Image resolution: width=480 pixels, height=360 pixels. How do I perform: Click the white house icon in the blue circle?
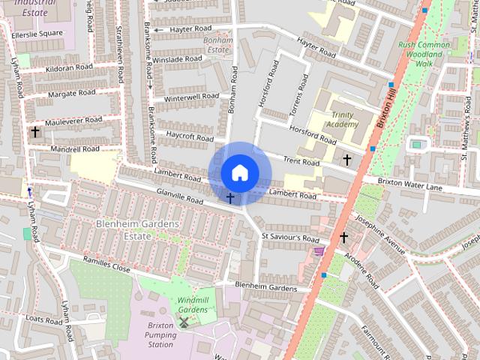coord(239,172)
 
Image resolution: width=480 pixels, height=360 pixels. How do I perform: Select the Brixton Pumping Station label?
coord(160,334)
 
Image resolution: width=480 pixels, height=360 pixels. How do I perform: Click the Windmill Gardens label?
coord(192,304)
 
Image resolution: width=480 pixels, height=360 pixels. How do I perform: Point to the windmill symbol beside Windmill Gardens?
coord(184,322)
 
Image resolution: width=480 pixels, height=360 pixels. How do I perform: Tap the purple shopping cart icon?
coord(319,250)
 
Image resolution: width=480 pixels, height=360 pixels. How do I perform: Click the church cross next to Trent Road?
coord(346,160)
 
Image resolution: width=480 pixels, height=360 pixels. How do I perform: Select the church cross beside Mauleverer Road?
coord(34,132)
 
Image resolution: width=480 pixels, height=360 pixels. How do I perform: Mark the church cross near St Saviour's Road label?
coord(343,238)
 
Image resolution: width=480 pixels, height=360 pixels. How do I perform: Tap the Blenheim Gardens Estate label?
coord(137,229)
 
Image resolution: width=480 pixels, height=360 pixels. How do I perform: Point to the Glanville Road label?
coord(179,197)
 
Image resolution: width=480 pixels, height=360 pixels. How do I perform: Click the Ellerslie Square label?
coord(37,33)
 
